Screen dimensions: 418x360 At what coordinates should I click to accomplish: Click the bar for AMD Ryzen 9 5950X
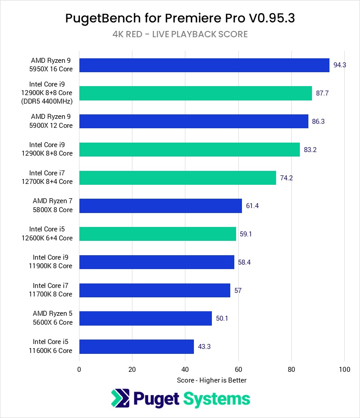[204, 65]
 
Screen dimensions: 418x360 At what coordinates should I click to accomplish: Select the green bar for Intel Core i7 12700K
[177, 178]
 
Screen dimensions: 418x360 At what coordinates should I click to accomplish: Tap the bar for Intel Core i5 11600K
[136, 347]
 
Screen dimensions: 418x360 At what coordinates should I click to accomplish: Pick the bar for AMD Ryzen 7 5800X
[160, 206]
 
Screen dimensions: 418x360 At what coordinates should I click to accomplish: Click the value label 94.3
[340, 65]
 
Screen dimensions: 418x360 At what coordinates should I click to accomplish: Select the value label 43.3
[205, 347]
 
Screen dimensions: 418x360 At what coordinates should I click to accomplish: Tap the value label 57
[238, 290]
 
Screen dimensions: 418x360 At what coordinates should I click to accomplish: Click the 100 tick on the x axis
[344, 370]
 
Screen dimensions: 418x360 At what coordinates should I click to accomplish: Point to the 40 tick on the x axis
[185, 370]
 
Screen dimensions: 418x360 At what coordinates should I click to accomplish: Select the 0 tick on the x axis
[79, 370]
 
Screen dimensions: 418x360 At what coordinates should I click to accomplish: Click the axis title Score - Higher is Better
[212, 380]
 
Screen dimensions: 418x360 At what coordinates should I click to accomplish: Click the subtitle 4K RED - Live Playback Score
[180, 34]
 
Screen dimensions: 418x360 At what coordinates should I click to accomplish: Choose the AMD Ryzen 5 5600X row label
[53, 318]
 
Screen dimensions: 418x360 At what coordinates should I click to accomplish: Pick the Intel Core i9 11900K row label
[53, 262]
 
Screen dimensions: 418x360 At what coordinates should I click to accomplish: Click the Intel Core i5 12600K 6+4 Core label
[51, 234]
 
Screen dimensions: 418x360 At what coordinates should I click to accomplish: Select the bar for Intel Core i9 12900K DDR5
[195, 93]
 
